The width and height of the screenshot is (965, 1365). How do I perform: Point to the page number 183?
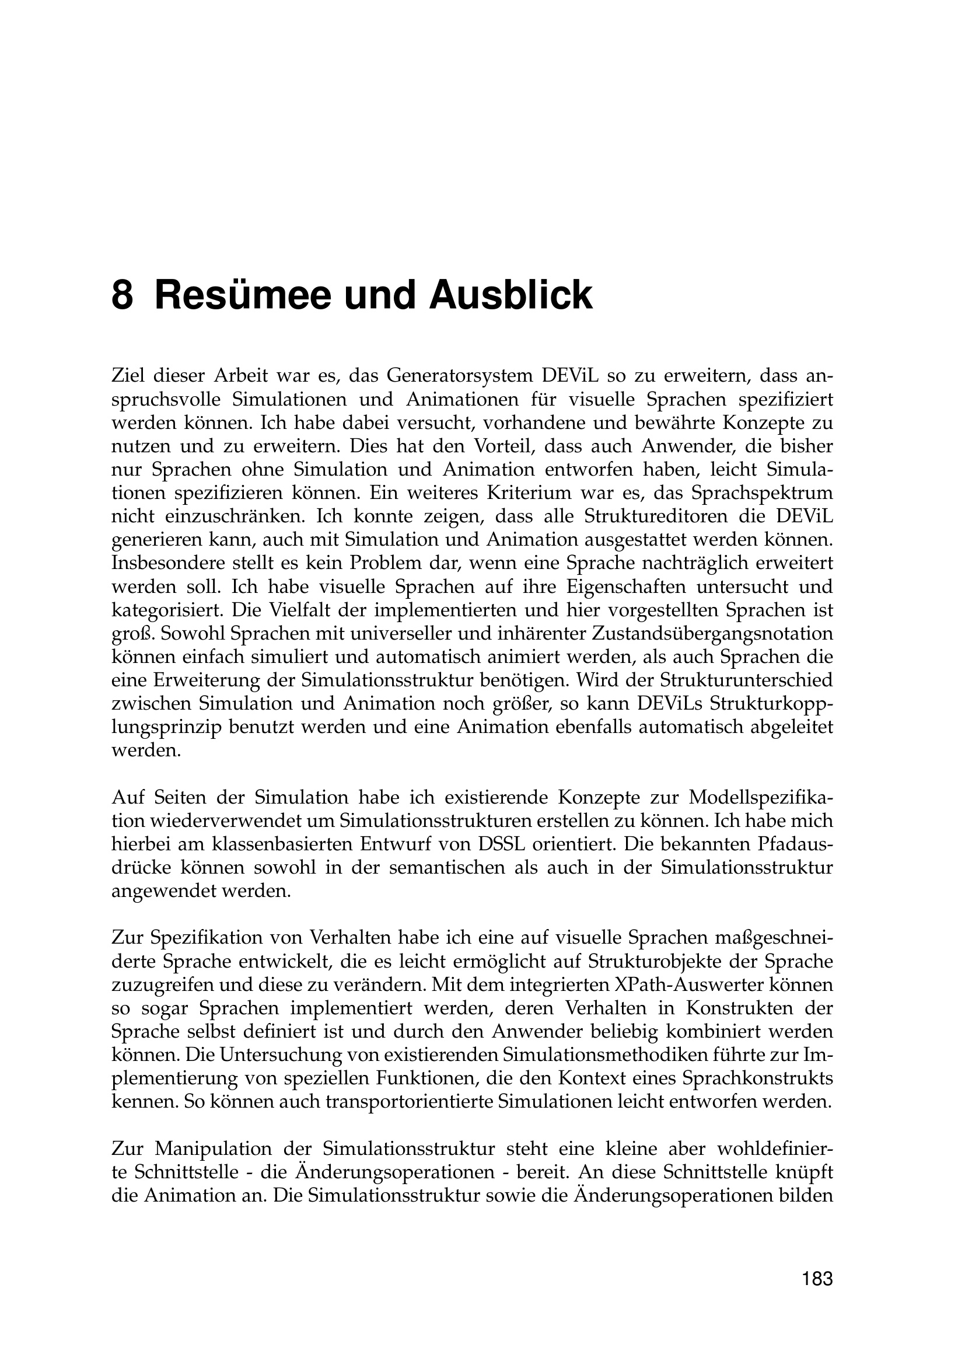tap(817, 1279)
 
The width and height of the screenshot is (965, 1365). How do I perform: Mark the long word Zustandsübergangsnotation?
tap(713, 633)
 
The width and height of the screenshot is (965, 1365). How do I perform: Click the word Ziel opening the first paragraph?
tap(128, 376)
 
